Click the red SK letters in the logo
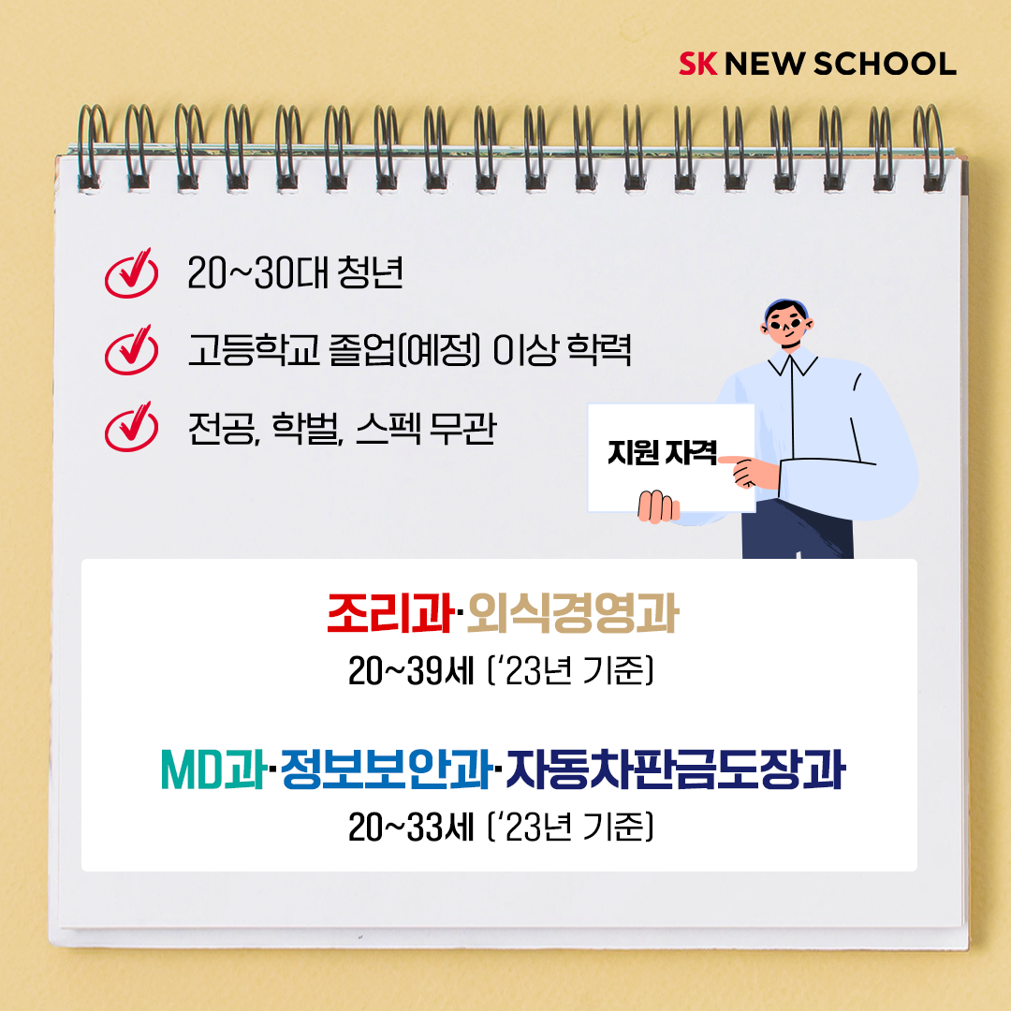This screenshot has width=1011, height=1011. coord(697,64)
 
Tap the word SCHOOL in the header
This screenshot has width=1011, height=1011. coord(885,64)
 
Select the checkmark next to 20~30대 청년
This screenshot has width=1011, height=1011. coord(131,273)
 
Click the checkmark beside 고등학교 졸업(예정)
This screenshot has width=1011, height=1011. coord(131,350)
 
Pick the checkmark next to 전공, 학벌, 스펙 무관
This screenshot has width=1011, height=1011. coord(131,427)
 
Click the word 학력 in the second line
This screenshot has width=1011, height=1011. coord(598,350)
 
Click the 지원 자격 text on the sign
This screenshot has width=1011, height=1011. coord(662,452)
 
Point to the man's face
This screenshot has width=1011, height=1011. coord(786,327)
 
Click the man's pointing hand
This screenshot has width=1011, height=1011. coord(750,471)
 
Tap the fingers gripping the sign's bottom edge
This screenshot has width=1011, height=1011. coord(658,506)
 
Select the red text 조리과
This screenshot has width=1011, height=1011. coord(390,613)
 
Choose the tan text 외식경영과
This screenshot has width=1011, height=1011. coord(573,613)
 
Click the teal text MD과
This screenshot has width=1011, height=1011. coord(214,769)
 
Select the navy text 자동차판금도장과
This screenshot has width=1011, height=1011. coord(675,769)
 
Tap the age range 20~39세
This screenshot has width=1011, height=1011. coord(411,671)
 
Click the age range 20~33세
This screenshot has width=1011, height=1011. coord(411,828)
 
